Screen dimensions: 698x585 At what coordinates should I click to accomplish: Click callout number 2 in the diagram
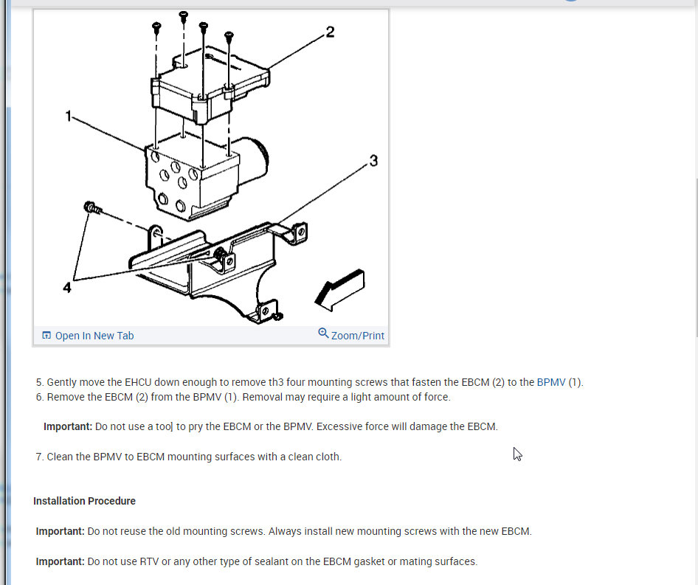330,32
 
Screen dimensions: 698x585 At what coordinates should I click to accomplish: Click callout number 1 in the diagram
68,117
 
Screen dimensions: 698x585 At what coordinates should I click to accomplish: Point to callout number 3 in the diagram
373,161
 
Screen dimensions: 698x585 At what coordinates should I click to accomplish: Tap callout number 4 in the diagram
66,288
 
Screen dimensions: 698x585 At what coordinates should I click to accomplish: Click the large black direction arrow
340,290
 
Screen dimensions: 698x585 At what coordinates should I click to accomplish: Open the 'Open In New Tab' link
94,336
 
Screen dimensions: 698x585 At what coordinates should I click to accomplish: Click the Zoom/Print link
357,336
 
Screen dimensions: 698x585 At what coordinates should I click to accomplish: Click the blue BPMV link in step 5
551,382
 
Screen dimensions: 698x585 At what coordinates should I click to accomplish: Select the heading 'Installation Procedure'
85,501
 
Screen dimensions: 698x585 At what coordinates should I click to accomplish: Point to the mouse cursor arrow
517,454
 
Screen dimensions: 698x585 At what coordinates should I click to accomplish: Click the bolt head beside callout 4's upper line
91,207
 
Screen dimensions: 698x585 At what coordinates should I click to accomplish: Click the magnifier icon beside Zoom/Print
323,333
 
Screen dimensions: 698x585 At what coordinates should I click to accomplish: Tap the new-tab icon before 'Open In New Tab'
46,335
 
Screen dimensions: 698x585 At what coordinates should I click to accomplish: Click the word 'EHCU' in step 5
138,382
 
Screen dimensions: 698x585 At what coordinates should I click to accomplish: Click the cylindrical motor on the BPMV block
253,160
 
